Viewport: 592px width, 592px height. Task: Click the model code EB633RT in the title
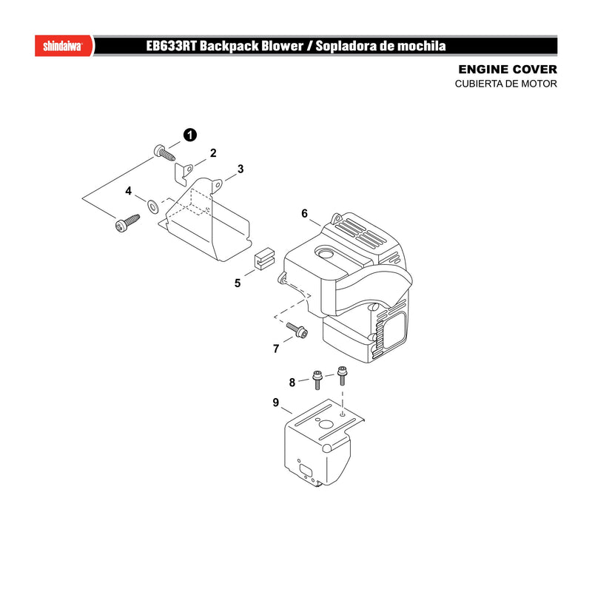(171, 46)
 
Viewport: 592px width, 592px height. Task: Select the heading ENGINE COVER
(508, 70)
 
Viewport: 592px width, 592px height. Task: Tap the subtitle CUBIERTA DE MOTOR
(505, 84)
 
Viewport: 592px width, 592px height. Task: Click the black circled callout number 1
(190, 135)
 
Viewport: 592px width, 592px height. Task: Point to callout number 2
(213, 153)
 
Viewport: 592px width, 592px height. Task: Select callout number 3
(240, 169)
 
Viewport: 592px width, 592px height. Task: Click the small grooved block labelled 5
(264, 258)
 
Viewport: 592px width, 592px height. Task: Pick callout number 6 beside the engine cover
(304, 214)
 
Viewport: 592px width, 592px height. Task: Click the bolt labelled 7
(297, 330)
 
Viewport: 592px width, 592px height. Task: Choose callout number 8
(292, 383)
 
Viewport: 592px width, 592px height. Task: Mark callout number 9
(275, 403)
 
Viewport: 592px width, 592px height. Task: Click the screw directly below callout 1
(164, 152)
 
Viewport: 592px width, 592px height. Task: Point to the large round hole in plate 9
(324, 424)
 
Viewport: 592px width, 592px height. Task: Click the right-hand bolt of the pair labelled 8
(342, 375)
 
